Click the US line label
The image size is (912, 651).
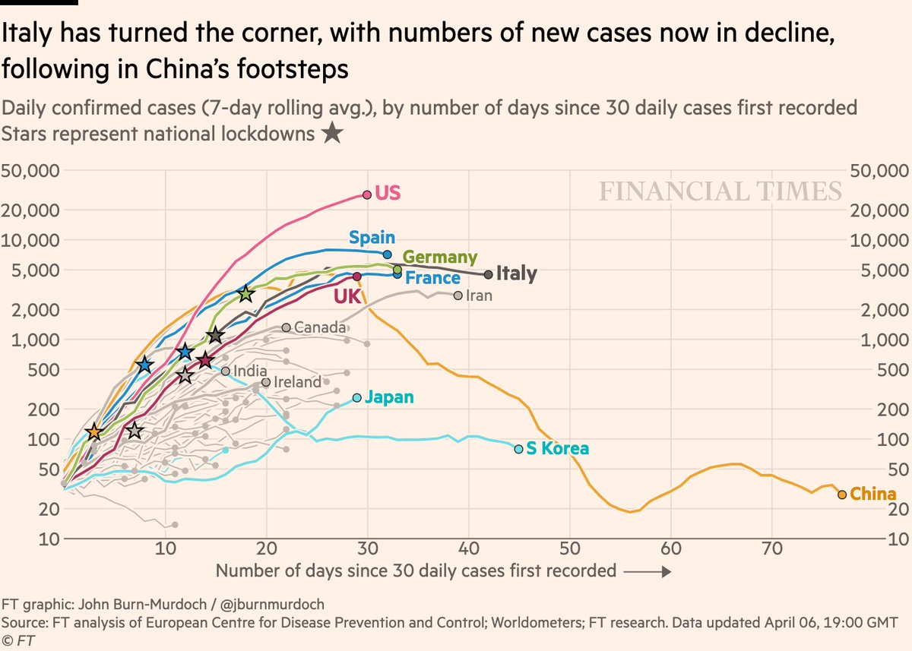click(x=388, y=193)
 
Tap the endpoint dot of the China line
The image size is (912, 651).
click(x=842, y=495)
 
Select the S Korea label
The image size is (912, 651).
click(x=557, y=449)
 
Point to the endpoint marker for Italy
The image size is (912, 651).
click(x=488, y=274)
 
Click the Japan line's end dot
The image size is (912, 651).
click(x=357, y=398)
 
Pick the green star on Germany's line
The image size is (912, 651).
click(x=245, y=294)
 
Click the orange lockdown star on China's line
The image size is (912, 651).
click(x=93, y=431)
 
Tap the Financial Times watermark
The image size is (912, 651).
click(x=720, y=191)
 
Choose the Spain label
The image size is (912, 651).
click(x=372, y=238)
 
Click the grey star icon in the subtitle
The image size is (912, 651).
click(x=331, y=134)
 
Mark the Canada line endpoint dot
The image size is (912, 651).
click(x=286, y=327)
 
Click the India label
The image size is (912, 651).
click(x=250, y=371)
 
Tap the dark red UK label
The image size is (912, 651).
click(x=347, y=297)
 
